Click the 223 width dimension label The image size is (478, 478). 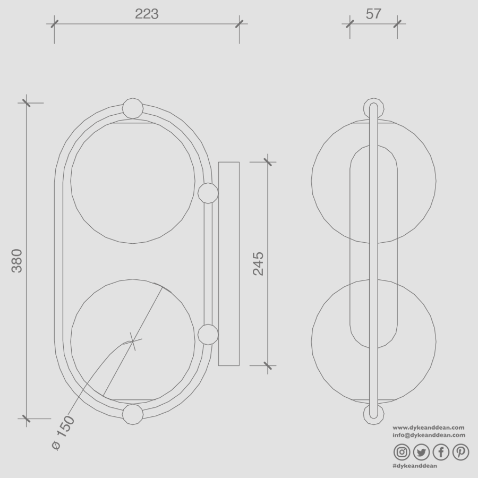pyautogui.click(x=147, y=14)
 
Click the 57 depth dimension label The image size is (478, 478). pyautogui.click(x=373, y=14)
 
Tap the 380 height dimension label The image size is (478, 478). pyautogui.click(x=17, y=260)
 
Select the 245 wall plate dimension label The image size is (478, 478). pyautogui.click(x=258, y=263)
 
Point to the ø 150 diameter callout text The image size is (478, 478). pyautogui.click(x=64, y=433)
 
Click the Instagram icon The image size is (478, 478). pyautogui.click(x=402, y=452)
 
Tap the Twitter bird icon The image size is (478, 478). pyautogui.click(x=421, y=452)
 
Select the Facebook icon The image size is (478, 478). pyautogui.click(x=441, y=452)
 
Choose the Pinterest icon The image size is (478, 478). pyautogui.click(x=460, y=452)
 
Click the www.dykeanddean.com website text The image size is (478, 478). pyautogui.click(x=429, y=428)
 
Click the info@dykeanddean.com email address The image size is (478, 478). pyautogui.click(x=429, y=435)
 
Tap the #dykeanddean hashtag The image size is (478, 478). pyautogui.click(x=415, y=466)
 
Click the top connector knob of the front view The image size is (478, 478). pyautogui.click(x=133, y=108)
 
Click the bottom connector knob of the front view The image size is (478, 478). pyautogui.click(x=133, y=414)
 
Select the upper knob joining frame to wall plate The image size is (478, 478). pyautogui.click(x=208, y=193)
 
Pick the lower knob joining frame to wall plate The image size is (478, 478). pyautogui.click(x=208, y=335)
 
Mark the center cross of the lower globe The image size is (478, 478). pyautogui.click(x=133, y=340)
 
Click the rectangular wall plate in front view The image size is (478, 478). pyautogui.click(x=228, y=263)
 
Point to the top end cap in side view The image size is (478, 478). pyautogui.click(x=374, y=106)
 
